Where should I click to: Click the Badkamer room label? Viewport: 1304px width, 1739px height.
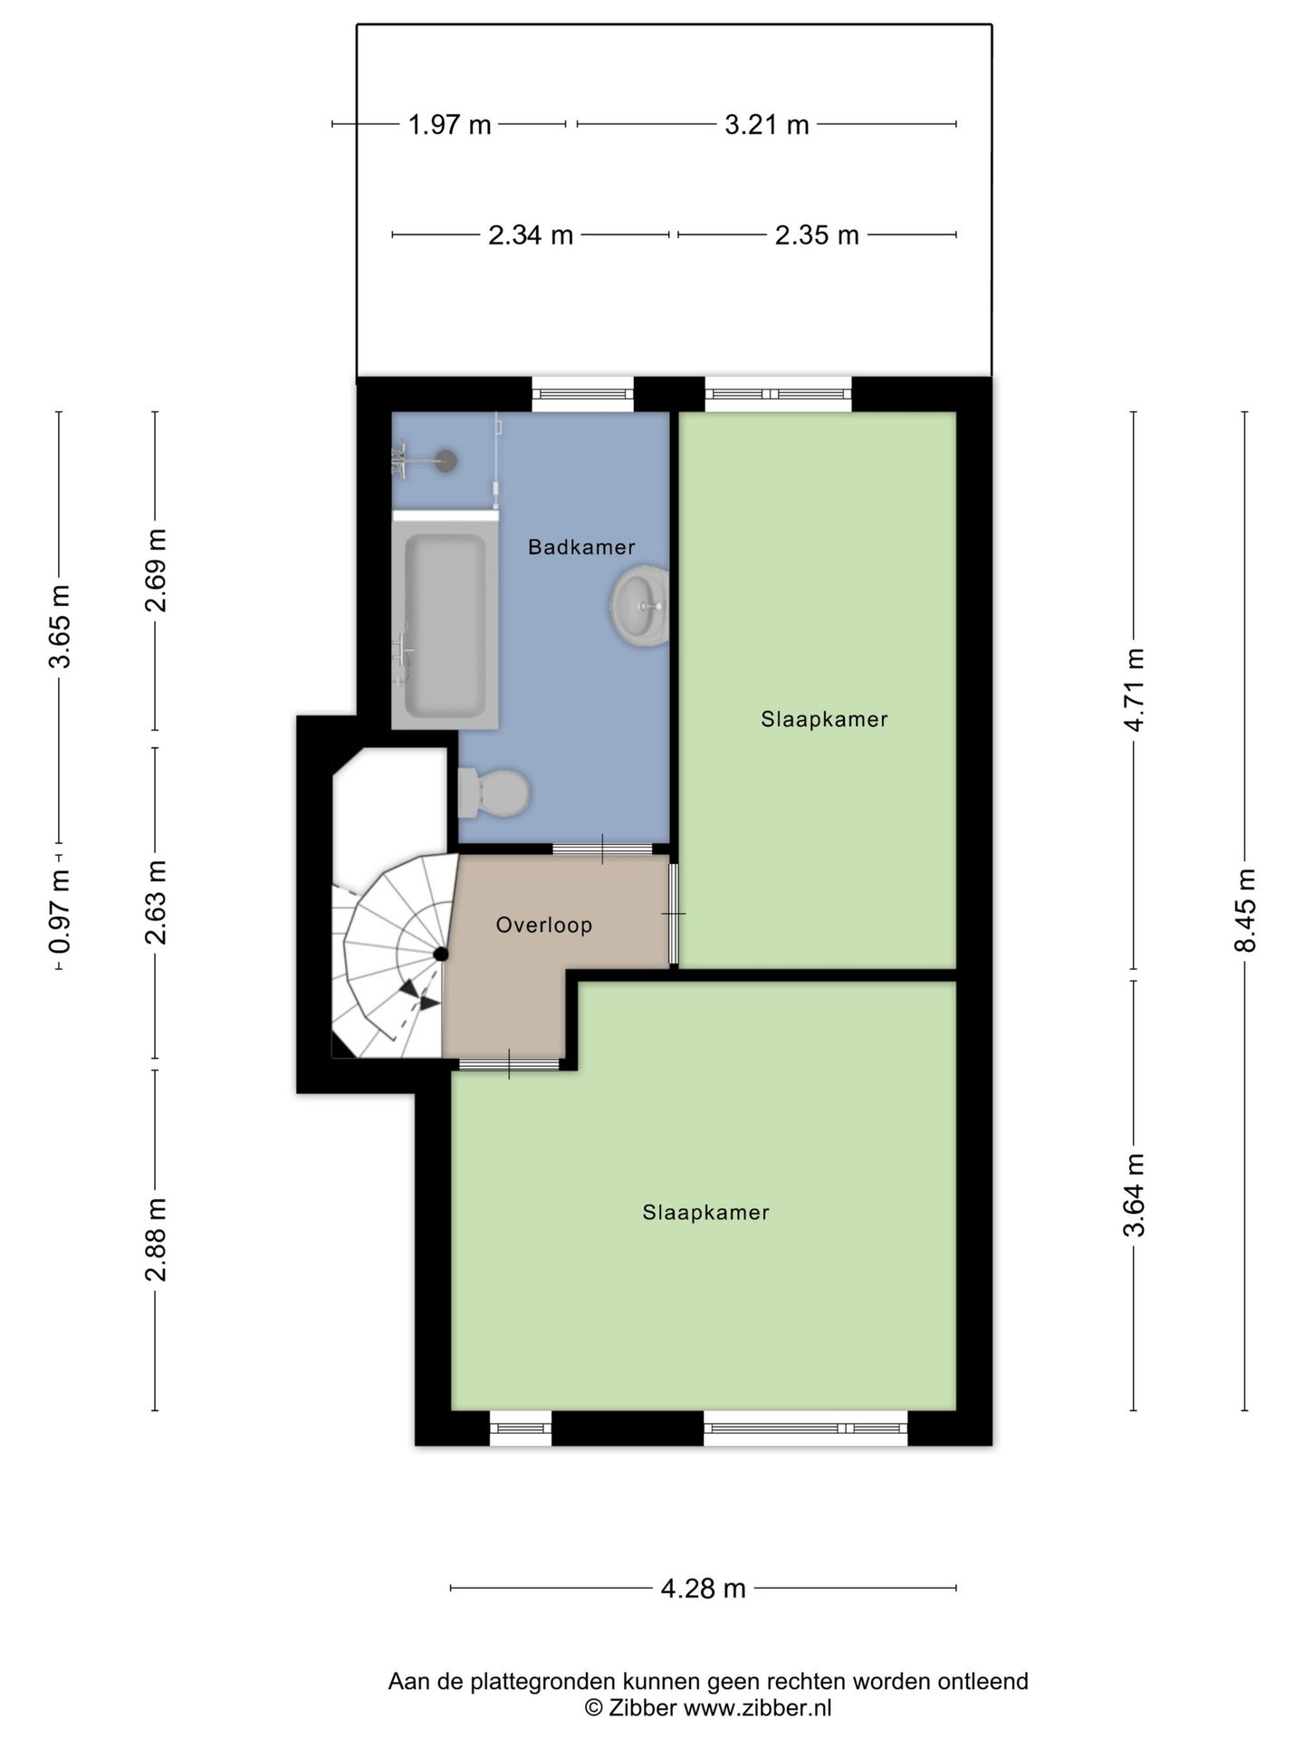click(581, 547)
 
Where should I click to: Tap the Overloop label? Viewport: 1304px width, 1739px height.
click(544, 925)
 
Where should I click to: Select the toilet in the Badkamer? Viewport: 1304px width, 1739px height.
click(495, 793)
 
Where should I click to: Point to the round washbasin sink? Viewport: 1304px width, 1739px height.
click(639, 605)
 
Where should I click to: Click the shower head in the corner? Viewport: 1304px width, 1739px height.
click(446, 460)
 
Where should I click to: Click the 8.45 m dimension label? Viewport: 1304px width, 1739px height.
click(1245, 910)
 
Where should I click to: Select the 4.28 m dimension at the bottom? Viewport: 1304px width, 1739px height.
click(703, 1588)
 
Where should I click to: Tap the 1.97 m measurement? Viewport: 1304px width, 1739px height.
click(449, 124)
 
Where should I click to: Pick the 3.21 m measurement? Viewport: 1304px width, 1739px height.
click(766, 124)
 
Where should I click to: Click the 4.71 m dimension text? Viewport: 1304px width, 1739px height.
click(1134, 690)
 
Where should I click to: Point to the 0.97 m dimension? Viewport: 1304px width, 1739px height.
click(60, 911)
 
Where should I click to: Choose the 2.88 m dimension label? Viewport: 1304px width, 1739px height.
click(156, 1239)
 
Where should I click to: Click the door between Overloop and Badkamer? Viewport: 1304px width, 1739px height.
click(602, 849)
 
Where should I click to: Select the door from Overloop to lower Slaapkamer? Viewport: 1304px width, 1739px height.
click(509, 1064)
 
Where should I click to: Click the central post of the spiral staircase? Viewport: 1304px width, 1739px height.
click(441, 954)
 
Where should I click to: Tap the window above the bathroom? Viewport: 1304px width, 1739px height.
click(582, 393)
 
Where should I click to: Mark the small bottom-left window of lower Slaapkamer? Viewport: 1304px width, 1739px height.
click(521, 1428)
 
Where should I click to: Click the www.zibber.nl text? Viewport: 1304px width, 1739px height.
click(757, 1708)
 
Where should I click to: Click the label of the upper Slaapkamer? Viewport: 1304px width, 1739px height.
click(824, 719)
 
